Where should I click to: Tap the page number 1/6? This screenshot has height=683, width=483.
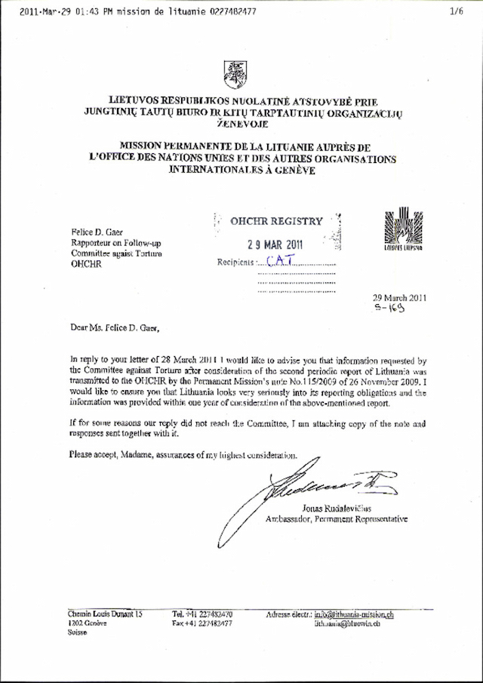(x=456, y=11)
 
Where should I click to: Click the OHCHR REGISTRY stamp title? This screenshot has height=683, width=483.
(x=275, y=221)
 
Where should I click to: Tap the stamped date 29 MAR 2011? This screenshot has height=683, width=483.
(x=276, y=244)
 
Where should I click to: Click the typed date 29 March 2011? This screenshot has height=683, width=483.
(x=400, y=297)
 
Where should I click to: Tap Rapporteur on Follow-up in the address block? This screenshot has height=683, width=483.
(x=115, y=243)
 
